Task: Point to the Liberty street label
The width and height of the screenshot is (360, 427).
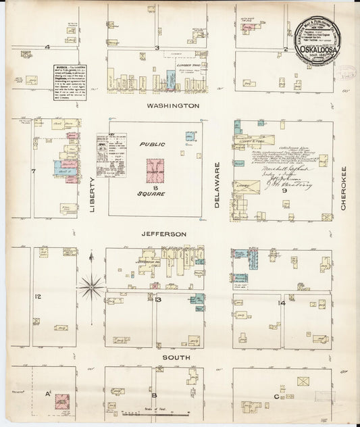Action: [93, 195]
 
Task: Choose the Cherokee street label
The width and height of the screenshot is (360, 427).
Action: [343, 187]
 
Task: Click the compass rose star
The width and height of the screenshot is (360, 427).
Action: [91, 286]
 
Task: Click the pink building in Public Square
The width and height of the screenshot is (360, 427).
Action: [155, 170]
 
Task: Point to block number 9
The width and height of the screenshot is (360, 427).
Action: [285, 192]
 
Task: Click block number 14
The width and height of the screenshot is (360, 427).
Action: [282, 303]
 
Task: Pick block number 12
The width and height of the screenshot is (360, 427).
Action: [38, 297]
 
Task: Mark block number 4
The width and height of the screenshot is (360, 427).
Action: [48, 47]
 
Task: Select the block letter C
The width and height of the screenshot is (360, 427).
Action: [276, 397]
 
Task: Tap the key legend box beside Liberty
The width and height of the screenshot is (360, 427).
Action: [111, 155]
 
